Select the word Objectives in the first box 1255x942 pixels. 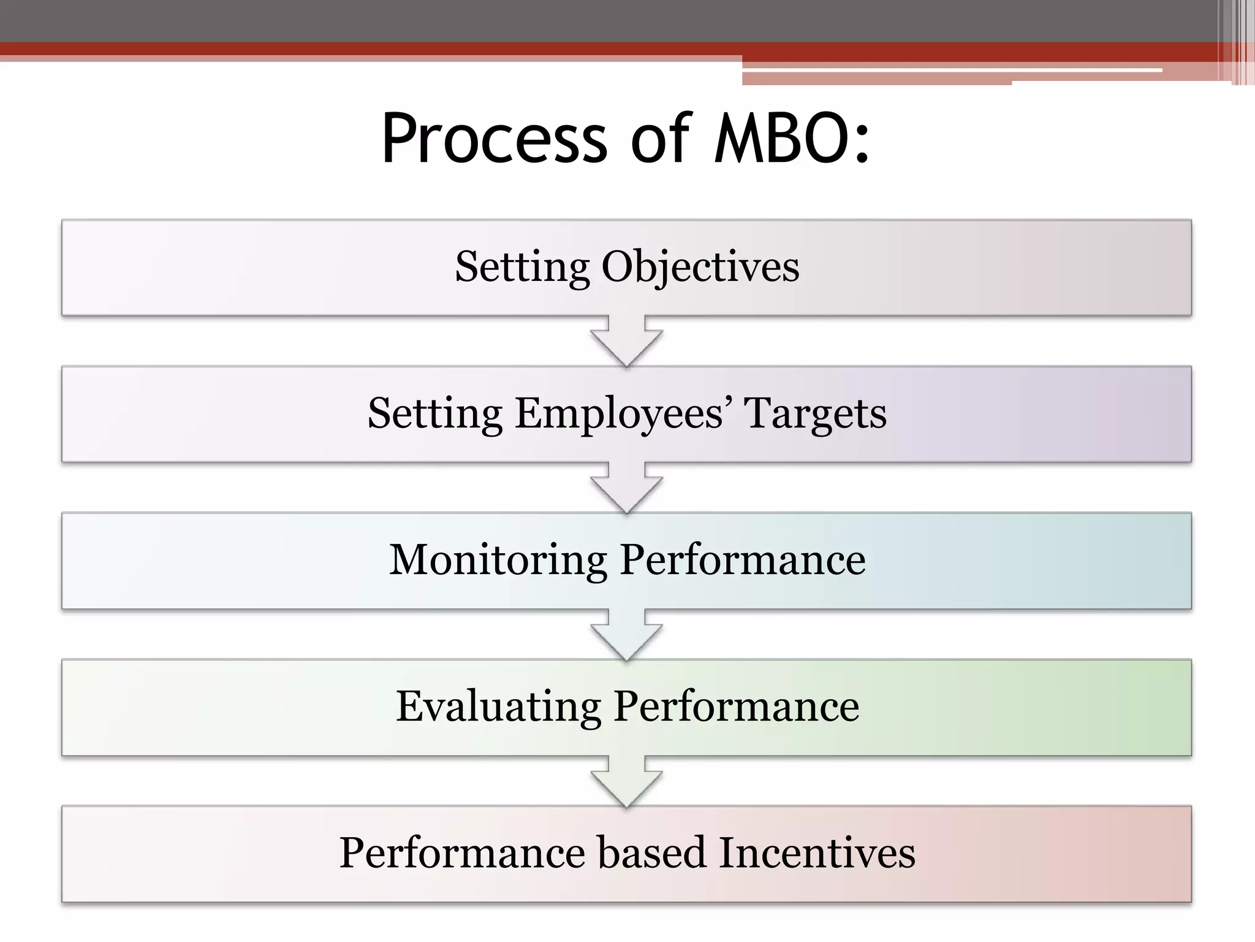[x=700, y=267]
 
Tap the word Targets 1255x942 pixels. [x=815, y=414]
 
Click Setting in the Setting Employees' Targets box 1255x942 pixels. [x=434, y=414]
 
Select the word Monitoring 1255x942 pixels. [x=498, y=561]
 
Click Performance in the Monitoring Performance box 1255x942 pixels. [x=742, y=561]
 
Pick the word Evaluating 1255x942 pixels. [x=498, y=706]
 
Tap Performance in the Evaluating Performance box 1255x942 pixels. [x=736, y=706]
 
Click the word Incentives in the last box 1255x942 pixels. [x=816, y=853]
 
